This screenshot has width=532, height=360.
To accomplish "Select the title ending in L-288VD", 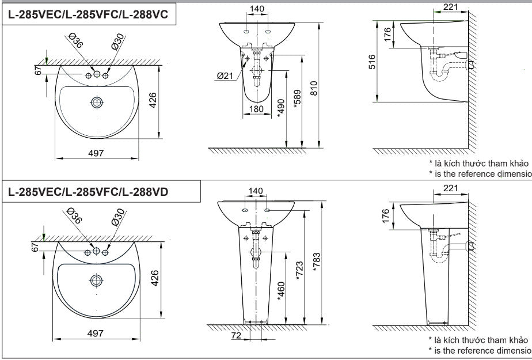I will pyautogui.click(x=88, y=192).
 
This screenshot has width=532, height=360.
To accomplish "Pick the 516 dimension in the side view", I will pyautogui.click(x=373, y=62).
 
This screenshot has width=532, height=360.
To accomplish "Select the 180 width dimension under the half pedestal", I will pyautogui.click(x=256, y=109).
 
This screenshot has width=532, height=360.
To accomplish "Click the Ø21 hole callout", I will pyautogui.click(x=226, y=75).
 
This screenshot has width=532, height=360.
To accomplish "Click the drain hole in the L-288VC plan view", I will pyautogui.click(x=97, y=103).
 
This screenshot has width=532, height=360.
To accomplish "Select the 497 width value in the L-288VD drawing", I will pyautogui.click(x=96, y=333).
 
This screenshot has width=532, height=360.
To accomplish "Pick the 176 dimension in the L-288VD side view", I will pyautogui.click(x=386, y=215).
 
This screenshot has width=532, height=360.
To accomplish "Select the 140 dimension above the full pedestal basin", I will pyautogui.click(x=256, y=191).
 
